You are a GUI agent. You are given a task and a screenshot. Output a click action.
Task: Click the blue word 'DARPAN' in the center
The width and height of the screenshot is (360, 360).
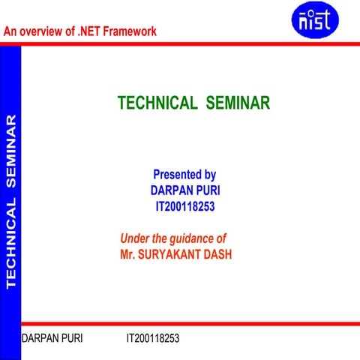172,190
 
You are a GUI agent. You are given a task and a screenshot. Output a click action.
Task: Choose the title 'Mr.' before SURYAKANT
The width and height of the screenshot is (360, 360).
128,254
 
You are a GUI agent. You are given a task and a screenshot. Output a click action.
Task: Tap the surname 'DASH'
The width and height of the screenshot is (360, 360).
218,254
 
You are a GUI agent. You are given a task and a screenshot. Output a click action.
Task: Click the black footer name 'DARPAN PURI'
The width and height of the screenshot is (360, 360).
52,338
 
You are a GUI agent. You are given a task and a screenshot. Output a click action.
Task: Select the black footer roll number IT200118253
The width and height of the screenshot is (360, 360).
152,338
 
